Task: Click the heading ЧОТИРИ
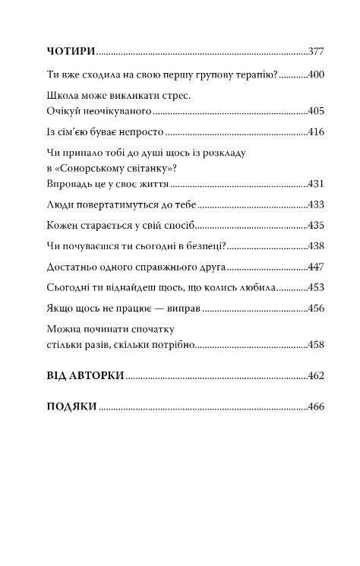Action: [71, 52]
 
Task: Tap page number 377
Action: [316, 52]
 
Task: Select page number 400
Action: [316, 75]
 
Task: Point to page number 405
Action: [316, 111]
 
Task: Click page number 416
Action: [316, 133]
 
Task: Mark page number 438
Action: [316, 247]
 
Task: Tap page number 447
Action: [316, 267]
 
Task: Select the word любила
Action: [257, 288]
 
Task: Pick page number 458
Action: [316, 345]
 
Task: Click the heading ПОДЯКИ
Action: [71, 406]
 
